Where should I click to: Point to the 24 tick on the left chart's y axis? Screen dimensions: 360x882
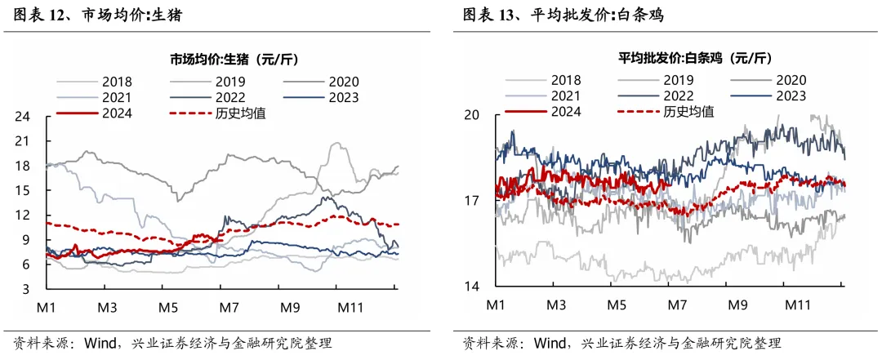[x=23, y=117]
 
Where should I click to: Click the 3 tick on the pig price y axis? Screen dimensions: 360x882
[x=27, y=289]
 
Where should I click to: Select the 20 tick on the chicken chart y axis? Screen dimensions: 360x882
[x=472, y=115]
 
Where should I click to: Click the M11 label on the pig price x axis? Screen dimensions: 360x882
[x=350, y=309]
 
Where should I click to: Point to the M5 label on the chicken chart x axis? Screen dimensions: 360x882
[x=617, y=304]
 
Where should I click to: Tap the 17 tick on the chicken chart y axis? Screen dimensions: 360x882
[x=472, y=201]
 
